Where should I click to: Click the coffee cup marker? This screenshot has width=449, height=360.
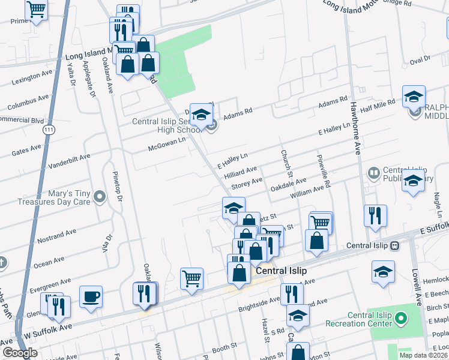pos(91,296)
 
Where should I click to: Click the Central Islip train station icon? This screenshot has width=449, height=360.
pos(395,245)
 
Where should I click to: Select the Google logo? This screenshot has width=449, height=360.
pos(20,353)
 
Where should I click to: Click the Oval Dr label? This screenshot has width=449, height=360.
pos(420,60)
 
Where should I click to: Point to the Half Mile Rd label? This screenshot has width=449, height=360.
pos(378,103)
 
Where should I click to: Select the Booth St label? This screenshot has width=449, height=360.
pos(224,347)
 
